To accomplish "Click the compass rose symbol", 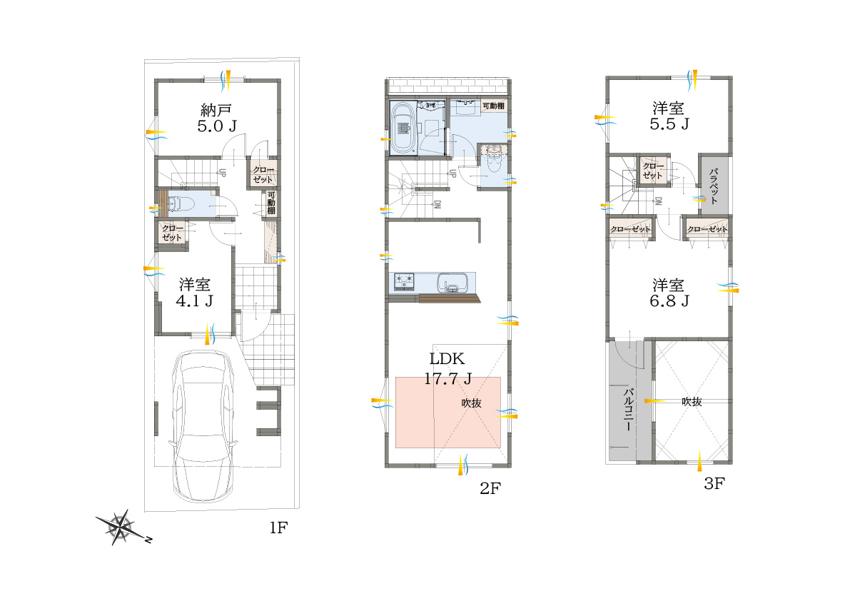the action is pos(121,527).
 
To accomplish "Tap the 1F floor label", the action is pos(278,527).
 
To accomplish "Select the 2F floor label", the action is pos(490,488).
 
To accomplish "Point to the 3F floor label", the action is pos(714,483).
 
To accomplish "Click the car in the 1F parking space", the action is pos(203,425).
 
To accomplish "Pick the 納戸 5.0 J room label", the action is pos(217,118).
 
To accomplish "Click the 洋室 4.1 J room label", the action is pos(195,293).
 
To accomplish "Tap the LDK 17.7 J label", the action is pos(447,368).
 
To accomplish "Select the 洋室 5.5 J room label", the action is pos(669,116).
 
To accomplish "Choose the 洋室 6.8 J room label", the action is pos(669,293).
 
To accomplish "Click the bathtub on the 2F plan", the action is pos(403,128).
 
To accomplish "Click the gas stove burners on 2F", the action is pos(404,281).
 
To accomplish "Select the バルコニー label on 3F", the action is pos(628,410).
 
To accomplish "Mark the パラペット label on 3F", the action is pos(714,186).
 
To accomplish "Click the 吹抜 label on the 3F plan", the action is pos(692,402).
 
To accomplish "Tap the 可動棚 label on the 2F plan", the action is pos(493,106).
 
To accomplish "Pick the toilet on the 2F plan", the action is pos(492,159).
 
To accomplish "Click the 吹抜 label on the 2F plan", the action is pos(471,403).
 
